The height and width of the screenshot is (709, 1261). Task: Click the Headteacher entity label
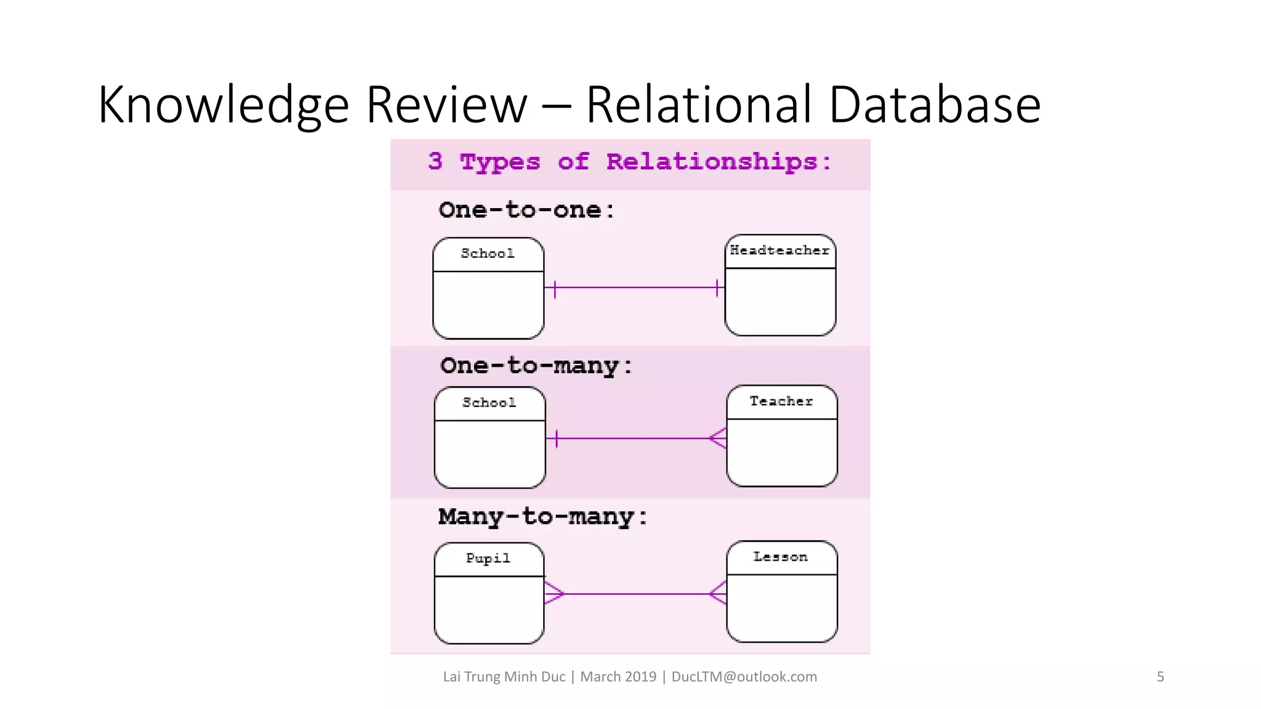780,250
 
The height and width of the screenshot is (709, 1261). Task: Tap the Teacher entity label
781,401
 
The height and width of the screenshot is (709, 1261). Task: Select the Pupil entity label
488,558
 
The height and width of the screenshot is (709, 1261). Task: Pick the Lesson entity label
780,557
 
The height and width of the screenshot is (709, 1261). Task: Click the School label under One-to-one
487,254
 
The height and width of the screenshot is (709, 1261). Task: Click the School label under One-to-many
489,403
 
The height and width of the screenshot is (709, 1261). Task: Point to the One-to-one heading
526,210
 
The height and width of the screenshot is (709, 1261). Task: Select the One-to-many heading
536,366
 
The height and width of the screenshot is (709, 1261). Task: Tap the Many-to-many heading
542,517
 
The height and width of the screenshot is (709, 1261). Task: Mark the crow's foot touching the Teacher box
718,438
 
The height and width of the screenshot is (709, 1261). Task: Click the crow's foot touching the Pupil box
554,594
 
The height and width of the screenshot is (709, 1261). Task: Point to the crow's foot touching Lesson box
718,594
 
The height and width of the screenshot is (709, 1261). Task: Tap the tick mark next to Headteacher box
717,287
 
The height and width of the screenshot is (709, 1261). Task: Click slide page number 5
1160,677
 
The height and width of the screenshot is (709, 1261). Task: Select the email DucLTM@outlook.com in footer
744,677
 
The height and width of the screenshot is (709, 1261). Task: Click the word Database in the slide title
934,105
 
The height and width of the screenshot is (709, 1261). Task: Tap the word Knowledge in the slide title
224,105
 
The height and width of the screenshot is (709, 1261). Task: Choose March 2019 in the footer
618,677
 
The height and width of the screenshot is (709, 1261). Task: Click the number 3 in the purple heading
435,161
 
